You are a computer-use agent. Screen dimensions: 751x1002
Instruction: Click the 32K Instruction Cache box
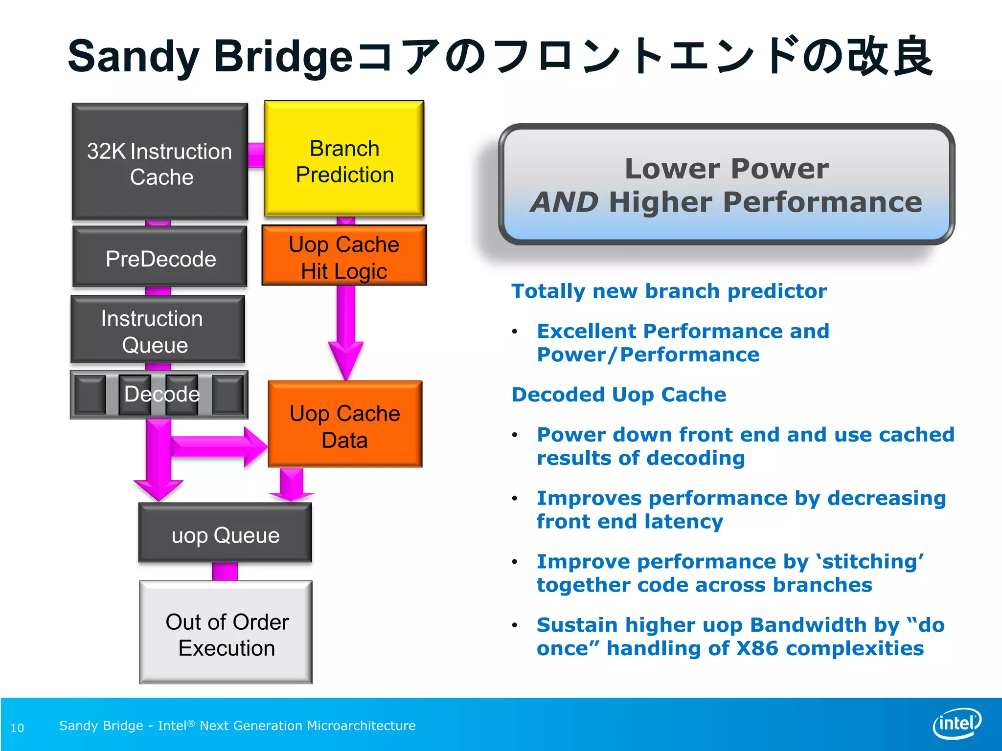click(x=159, y=161)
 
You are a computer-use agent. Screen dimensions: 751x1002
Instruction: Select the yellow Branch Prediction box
click(x=344, y=159)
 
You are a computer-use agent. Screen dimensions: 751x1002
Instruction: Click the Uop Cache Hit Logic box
click(x=344, y=256)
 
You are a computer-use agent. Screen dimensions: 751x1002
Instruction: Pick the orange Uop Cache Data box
click(x=345, y=424)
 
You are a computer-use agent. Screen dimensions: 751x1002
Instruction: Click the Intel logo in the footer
click(x=956, y=723)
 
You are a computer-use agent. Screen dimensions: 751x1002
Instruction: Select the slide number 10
click(x=17, y=728)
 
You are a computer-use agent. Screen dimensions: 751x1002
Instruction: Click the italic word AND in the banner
click(x=564, y=202)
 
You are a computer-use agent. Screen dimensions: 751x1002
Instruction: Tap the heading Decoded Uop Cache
click(x=618, y=395)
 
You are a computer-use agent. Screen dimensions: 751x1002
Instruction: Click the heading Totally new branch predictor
click(x=668, y=291)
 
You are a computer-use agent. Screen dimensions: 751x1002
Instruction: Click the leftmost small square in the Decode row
click(x=91, y=395)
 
